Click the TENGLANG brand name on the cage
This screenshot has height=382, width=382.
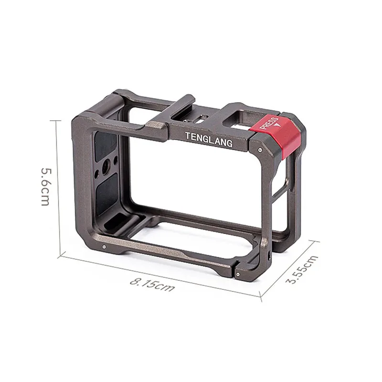(x=209, y=139)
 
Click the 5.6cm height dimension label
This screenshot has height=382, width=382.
(x=46, y=187)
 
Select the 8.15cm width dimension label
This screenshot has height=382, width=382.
(x=152, y=285)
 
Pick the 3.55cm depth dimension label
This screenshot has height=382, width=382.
(x=302, y=269)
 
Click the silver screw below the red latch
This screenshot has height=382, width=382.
(x=260, y=149)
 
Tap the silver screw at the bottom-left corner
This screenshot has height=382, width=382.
(x=104, y=247)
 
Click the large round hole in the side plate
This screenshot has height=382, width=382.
(x=106, y=168)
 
